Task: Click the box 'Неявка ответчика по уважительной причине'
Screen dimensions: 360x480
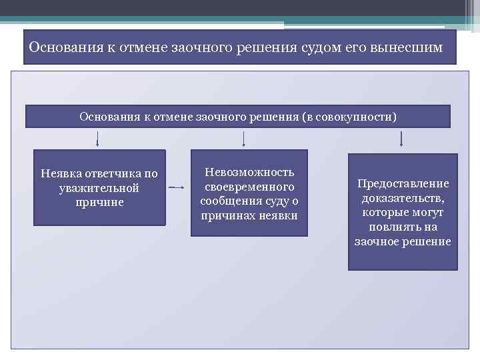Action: [99, 187]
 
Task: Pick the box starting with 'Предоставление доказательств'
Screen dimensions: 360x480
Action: [403, 212]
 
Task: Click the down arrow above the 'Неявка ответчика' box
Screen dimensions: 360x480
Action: [99, 138]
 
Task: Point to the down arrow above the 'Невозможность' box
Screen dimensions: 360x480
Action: [244, 138]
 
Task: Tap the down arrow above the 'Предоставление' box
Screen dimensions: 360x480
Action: [401, 138]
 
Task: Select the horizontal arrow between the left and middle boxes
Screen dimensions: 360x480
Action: [177, 188]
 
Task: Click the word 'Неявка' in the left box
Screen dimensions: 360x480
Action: [59, 174]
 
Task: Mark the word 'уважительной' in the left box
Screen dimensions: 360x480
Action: [99, 188]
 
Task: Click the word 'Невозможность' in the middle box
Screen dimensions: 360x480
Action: [249, 173]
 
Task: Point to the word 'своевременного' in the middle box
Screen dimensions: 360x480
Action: [249, 187]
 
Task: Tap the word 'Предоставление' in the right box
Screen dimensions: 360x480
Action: [403, 183]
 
